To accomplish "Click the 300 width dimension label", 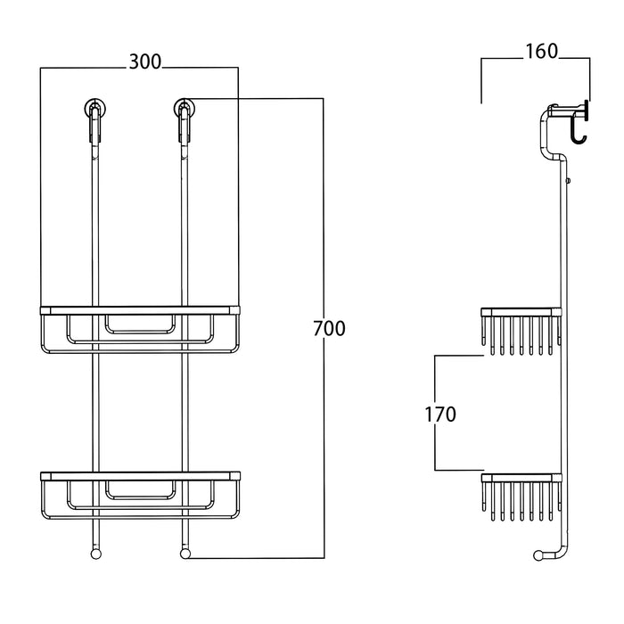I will [144, 62].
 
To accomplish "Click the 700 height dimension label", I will [329, 328].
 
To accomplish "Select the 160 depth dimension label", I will [540, 51].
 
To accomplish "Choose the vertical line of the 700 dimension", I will [323, 428].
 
